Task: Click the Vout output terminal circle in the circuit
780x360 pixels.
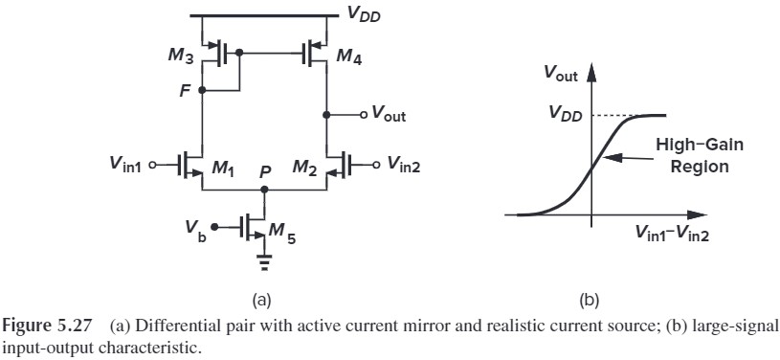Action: pyautogui.click(x=364, y=115)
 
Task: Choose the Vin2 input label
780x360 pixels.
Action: pyautogui.click(x=409, y=164)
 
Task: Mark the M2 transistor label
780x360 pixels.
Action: pyautogui.click(x=306, y=169)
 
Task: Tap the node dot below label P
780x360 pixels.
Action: pyautogui.click(x=265, y=190)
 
